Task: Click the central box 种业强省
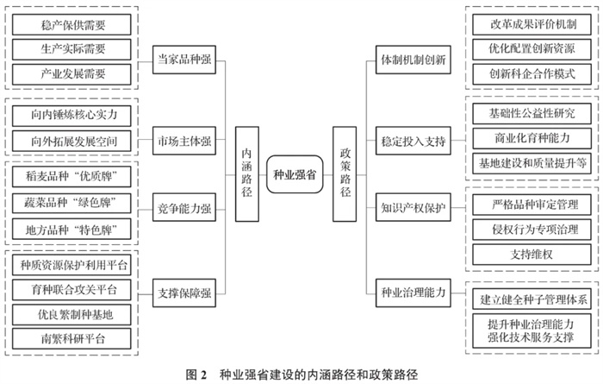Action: [293, 173]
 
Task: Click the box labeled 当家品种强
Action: [184, 61]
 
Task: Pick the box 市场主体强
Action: [184, 141]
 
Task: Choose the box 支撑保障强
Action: [184, 292]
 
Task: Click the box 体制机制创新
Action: [413, 61]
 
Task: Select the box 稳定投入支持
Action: [413, 141]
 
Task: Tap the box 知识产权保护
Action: [413, 207]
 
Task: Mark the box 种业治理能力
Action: [413, 292]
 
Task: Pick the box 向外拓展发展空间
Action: [73, 140]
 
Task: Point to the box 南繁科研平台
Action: [73, 337]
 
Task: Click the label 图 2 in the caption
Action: [197, 375]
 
